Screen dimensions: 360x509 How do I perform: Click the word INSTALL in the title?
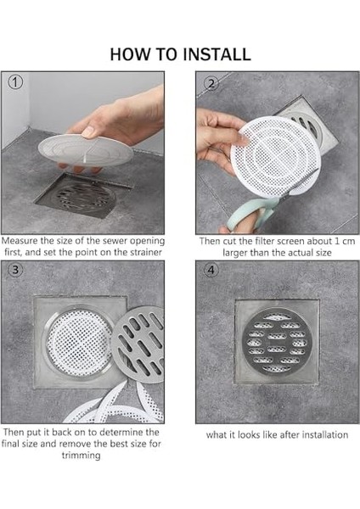coord(216,54)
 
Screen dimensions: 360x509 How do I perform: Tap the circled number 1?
coord(15,82)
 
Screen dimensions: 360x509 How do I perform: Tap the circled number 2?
coord(211,84)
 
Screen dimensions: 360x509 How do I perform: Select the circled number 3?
coord(15,270)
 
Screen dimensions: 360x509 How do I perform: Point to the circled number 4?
coord(211,271)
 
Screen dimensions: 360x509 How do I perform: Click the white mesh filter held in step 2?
coord(276,157)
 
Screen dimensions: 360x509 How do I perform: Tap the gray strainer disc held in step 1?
coord(85,151)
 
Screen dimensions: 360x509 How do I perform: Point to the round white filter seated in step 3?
coord(79,342)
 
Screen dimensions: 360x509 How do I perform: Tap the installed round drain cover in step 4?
coord(277,342)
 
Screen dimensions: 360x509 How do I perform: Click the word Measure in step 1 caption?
coord(20,241)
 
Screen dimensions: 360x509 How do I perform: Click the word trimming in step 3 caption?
coord(81,456)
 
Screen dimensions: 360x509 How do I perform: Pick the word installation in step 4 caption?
coord(325,434)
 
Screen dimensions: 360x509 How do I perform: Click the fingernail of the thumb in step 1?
coord(88,131)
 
